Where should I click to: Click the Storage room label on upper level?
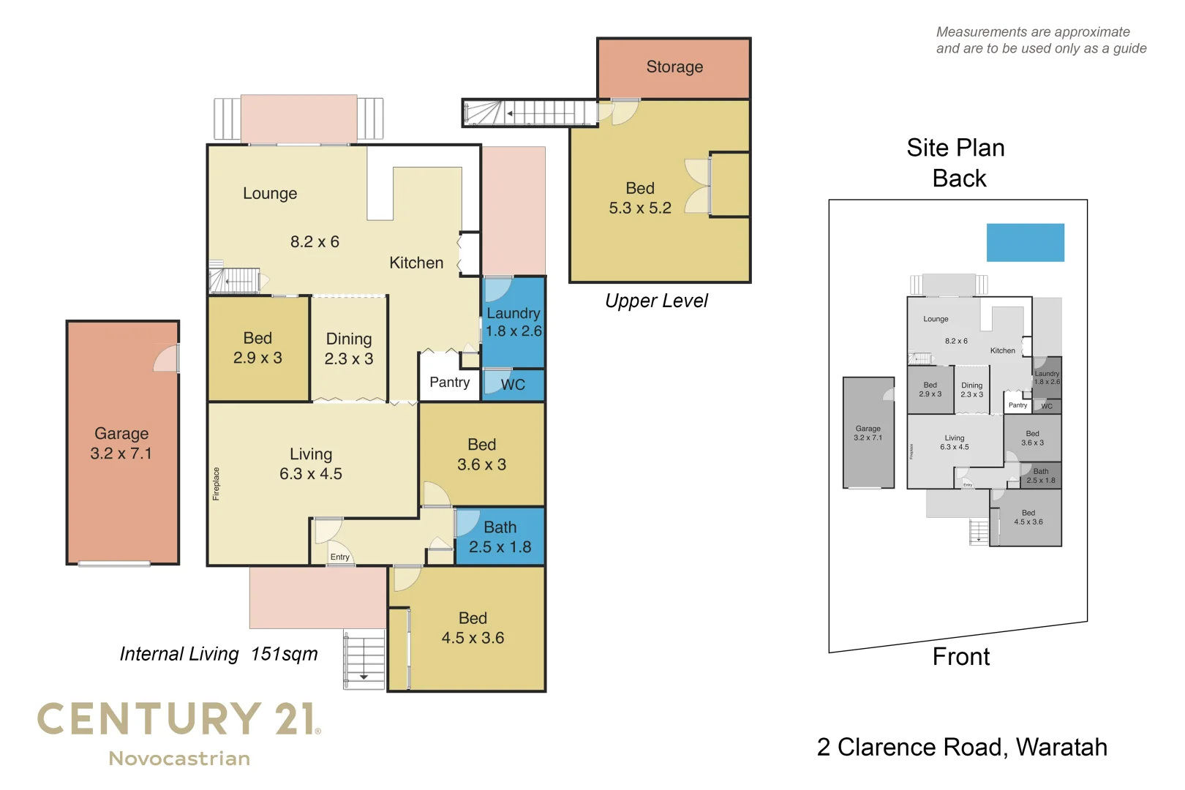pos(674,67)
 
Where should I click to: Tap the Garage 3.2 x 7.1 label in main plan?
pos(121,443)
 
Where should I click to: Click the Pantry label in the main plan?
pos(449,382)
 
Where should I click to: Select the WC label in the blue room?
pos(513,385)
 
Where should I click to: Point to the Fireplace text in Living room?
pos(216,484)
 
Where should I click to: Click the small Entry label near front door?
pos(339,557)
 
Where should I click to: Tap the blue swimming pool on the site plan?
pos(1025,242)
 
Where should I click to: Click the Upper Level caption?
pos(656,301)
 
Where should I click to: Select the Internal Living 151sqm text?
pos(219,653)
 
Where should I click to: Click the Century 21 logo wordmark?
pos(178,719)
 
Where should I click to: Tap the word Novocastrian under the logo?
pos(179,759)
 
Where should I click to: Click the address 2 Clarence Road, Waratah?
pos(961,747)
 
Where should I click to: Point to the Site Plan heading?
pos(955,148)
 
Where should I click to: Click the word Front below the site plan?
pos(960,656)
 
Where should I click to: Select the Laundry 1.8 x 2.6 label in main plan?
pos(513,322)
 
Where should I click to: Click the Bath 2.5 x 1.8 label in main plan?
pos(500,537)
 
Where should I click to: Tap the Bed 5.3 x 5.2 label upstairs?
pos(640,198)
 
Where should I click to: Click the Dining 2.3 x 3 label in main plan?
pos(349,348)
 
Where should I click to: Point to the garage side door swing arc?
pos(167,359)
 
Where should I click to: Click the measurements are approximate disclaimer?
pos(1041,40)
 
